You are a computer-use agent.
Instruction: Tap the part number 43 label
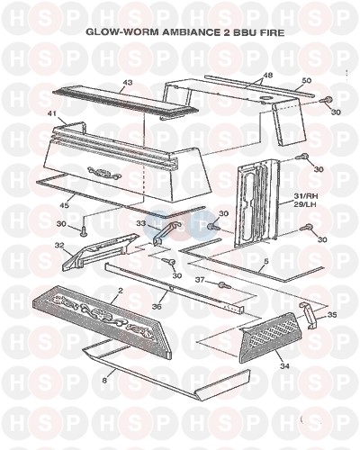[128, 81]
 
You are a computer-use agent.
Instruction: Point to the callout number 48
[268, 75]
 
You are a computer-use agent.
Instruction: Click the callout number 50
[307, 80]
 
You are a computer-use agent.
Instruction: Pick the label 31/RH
[306, 196]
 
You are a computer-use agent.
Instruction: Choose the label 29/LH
[306, 203]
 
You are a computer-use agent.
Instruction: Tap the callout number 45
[65, 205]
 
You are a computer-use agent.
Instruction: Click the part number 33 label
[141, 223]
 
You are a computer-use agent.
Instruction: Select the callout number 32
[59, 245]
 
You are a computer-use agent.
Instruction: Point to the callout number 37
[200, 280]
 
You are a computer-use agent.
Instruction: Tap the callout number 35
[332, 315]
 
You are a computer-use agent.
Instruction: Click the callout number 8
[104, 381]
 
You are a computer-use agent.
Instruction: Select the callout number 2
[121, 291]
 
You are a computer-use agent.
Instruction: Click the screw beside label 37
[225, 285]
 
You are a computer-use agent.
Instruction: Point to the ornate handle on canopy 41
[104, 174]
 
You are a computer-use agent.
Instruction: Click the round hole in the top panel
[265, 98]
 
